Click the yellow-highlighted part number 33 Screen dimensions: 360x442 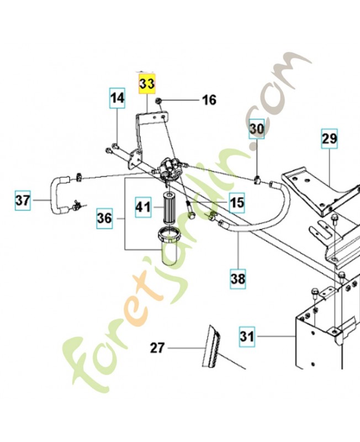pos(147,84)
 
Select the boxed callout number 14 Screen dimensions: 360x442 pos(117,98)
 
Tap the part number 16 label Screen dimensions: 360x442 pos(209,100)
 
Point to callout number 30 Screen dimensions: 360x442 pos(256,129)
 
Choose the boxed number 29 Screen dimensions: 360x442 pos(329,139)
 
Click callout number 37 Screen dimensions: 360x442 pos(23,201)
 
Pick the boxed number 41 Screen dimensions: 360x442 pos(143,207)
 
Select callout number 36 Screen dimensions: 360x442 pos(104,218)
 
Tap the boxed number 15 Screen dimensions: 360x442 pos(237,203)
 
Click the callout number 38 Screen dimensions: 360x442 pos(238,279)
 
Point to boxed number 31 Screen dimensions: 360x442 pos(247,336)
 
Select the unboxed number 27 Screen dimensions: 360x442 pos(157,348)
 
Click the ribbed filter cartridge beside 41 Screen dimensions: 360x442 pos(170,208)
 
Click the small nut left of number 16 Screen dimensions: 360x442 pos(158,101)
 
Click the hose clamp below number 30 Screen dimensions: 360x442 pos(257,179)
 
